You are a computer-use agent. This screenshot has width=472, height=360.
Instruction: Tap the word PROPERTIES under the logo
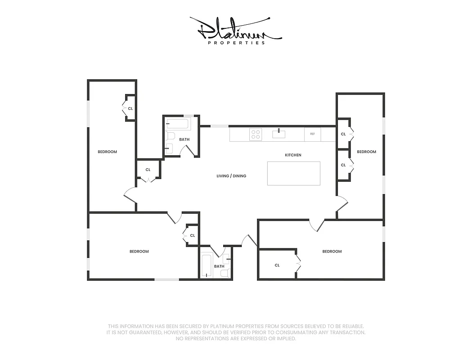[236, 43]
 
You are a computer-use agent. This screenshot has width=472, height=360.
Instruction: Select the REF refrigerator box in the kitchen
[312, 134]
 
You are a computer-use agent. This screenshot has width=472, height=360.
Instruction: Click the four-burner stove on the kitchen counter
[256, 134]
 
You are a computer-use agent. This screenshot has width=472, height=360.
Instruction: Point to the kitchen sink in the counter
[279, 133]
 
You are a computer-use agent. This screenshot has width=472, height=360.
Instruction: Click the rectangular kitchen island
[294, 173]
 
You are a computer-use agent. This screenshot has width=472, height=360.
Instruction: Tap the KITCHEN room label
[293, 155]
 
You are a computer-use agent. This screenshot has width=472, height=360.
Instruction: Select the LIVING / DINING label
[231, 176]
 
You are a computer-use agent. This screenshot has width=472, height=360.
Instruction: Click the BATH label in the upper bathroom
[184, 139]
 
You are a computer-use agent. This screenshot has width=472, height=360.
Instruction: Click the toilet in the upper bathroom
[170, 136]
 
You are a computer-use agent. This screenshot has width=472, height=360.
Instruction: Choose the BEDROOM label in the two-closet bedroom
[366, 152]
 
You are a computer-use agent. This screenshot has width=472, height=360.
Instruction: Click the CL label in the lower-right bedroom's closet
[277, 265]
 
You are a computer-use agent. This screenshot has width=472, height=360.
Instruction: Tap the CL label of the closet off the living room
[148, 170]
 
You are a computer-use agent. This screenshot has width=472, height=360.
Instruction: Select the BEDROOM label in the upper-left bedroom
[107, 152]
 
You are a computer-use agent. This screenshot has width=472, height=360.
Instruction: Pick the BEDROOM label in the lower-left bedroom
[139, 251]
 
